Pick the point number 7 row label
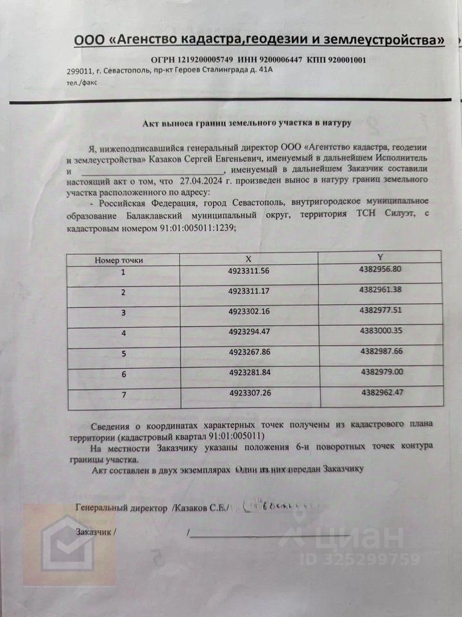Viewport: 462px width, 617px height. tap(123, 393)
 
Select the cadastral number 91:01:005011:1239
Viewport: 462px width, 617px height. tap(193, 228)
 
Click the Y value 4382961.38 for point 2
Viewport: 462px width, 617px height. tap(381, 290)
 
